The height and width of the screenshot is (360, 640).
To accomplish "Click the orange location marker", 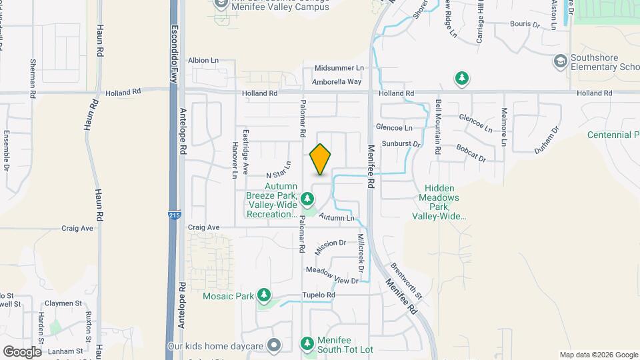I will pos(321,159).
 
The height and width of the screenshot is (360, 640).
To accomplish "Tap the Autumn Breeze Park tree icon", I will pos(307,199).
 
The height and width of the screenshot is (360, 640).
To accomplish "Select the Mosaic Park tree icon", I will pos(265,294).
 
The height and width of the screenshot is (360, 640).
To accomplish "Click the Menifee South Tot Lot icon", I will pos(307,344).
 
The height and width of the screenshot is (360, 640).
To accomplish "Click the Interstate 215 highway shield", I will pos(173,215).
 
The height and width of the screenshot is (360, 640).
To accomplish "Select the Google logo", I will pos(22,351).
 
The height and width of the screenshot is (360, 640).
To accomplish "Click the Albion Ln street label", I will pos(203,60).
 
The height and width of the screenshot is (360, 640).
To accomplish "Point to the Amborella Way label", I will pos(337,82).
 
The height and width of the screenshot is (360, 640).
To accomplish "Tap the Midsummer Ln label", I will pos(339,68).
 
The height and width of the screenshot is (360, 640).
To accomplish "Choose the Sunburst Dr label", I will pos(401,143).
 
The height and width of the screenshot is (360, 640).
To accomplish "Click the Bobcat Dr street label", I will pos(471,153).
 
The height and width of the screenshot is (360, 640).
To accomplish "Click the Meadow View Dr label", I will pos(332,275).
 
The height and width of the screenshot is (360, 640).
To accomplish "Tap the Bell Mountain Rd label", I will pos(438,127).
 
